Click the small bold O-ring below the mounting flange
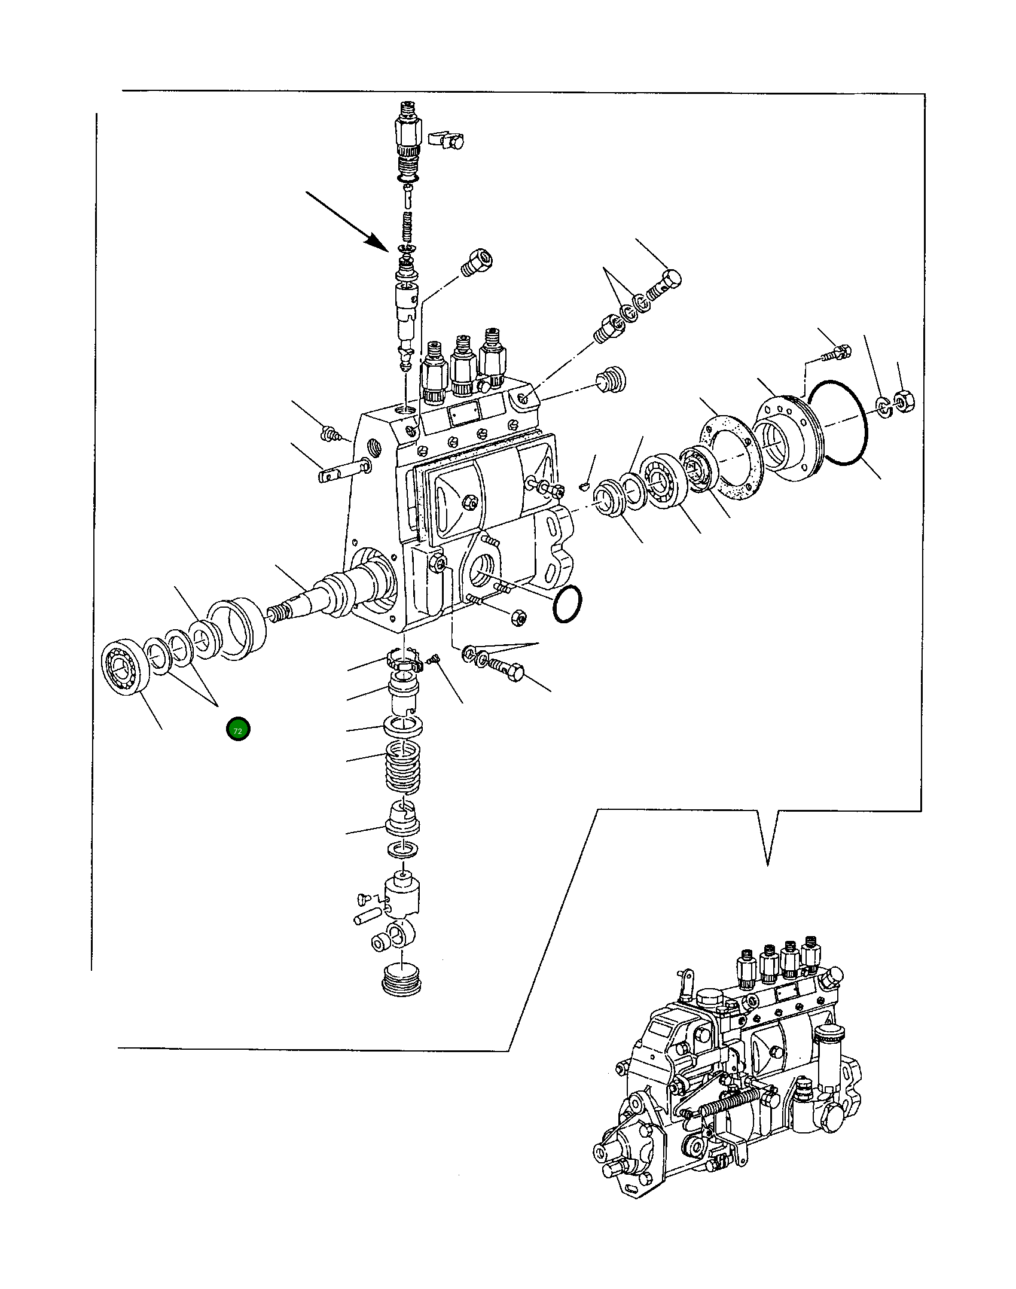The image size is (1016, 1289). [x=568, y=604]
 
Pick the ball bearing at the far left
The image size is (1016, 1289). [x=125, y=668]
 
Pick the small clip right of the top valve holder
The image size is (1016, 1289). [x=447, y=139]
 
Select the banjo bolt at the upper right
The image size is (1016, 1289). [x=665, y=284]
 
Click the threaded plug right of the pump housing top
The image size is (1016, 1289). [x=611, y=379]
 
